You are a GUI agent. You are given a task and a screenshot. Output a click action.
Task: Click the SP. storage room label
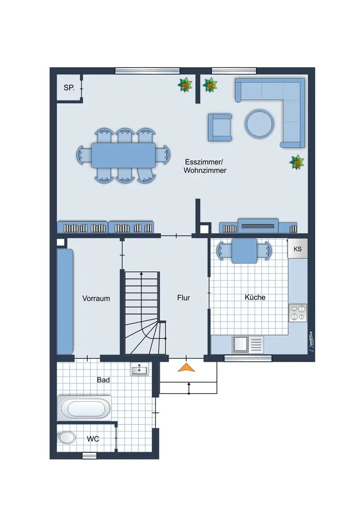tap(69, 88)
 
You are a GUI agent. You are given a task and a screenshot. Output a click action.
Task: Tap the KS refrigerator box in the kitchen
tap(298, 249)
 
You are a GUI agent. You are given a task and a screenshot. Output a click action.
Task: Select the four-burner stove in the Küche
tap(298, 313)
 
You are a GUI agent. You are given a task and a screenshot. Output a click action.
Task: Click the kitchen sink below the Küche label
tap(247, 344)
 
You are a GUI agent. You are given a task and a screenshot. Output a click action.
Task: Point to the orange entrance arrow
tap(187, 367)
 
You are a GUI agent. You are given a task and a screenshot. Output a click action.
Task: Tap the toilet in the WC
tap(67, 437)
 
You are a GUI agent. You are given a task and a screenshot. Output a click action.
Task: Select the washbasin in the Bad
tap(140, 369)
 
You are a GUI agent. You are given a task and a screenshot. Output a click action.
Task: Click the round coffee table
tap(259, 124)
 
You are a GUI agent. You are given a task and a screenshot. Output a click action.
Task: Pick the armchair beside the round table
tap(220, 127)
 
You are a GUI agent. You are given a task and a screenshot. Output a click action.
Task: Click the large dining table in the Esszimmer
tap(123, 155)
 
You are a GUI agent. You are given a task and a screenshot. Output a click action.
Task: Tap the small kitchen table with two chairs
tap(244, 251)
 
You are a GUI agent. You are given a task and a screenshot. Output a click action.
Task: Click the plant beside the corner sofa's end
tap(297, 162)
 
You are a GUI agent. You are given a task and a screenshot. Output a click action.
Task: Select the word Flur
tap(183, 298)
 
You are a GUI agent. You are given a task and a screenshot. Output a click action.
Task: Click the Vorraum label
tap(96, 298)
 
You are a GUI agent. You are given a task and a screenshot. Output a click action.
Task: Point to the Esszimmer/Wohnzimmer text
tap(205, 166)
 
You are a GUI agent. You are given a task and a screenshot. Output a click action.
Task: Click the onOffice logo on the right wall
tap(311, 341)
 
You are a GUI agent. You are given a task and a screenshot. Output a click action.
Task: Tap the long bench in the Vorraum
tap(65, 301)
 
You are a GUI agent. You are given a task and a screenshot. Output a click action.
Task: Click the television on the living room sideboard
tap(258, 226)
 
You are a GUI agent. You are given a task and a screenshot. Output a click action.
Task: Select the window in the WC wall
tap(89, 456)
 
